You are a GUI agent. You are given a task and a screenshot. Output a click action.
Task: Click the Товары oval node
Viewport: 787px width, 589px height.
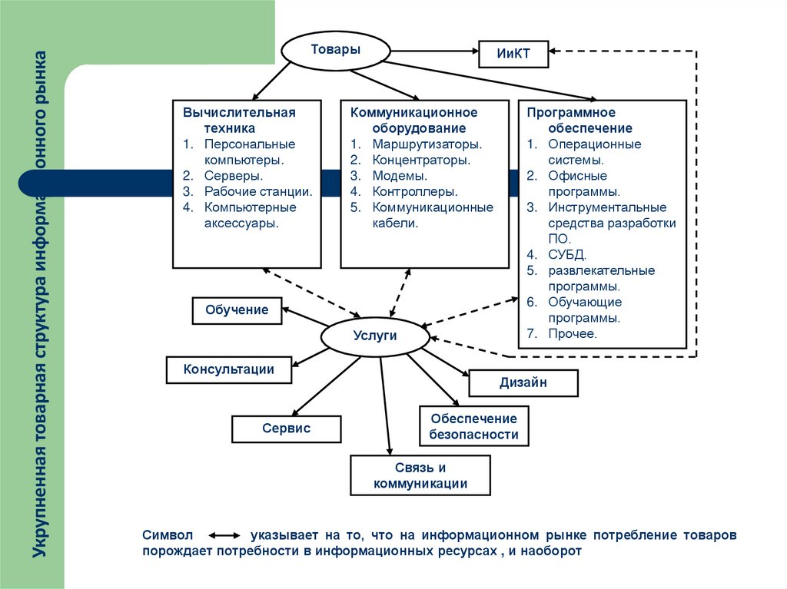(334, 51)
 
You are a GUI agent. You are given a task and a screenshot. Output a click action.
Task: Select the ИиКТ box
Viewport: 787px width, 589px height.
(514, 54)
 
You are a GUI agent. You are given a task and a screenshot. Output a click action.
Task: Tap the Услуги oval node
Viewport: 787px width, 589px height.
(374, 336)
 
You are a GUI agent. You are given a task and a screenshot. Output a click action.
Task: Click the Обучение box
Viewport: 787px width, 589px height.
(237, 310)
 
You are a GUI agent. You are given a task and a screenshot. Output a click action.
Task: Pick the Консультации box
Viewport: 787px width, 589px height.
(229, 369)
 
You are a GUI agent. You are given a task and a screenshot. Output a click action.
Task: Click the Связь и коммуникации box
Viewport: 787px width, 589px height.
(420, 475)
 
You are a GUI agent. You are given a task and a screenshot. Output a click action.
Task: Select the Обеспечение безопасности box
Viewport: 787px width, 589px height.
(473, 427)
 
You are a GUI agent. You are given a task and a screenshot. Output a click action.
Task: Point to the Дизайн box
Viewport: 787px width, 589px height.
(523, 382)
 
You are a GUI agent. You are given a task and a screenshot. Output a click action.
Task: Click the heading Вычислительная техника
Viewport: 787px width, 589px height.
(239, 121)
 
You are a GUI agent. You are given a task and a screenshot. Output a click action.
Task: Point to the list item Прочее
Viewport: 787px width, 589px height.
(573, 334)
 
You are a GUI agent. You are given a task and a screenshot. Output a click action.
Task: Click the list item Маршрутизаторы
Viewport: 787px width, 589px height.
(427, 144)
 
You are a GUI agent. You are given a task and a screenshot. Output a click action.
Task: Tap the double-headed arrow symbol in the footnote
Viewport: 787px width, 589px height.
(226, 535)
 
